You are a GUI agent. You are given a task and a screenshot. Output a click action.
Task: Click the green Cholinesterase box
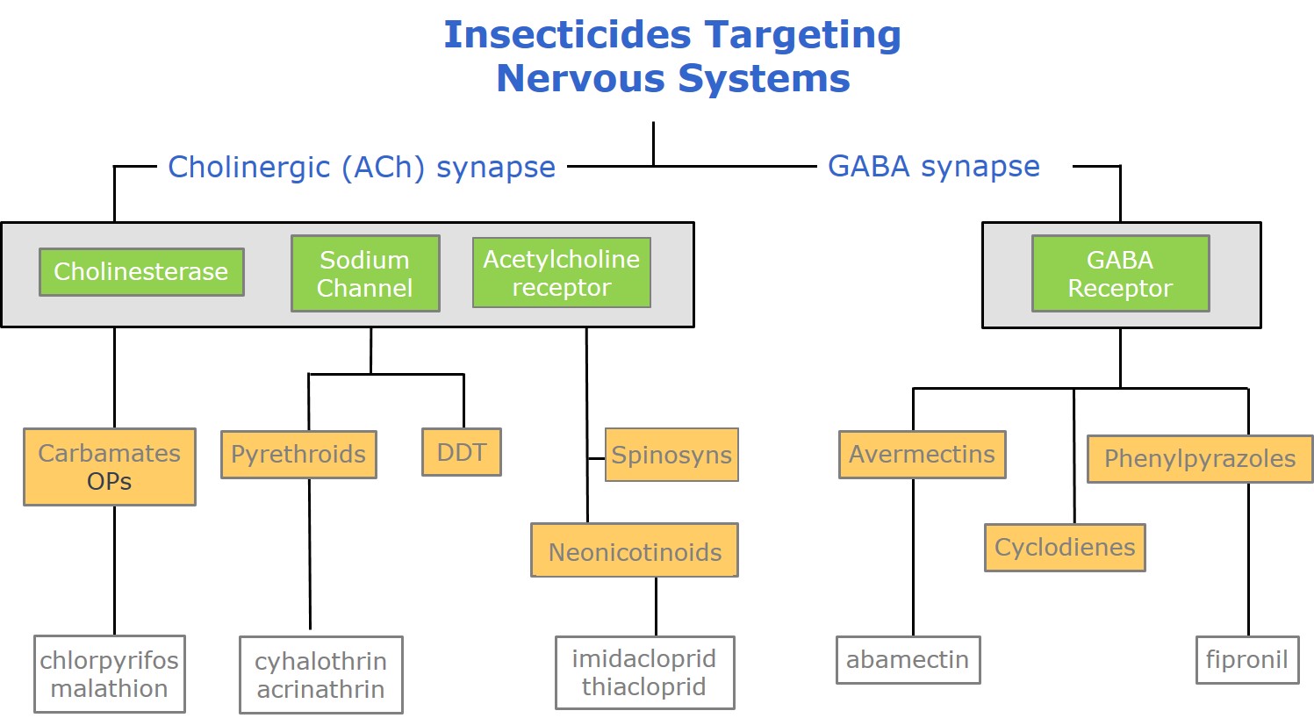tap(141, 272)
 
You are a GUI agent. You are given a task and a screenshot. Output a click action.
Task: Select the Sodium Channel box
tap(365, 273)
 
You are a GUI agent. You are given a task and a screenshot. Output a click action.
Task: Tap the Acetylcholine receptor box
tap(562, 273)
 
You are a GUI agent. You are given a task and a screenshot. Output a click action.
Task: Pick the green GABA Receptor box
tap(1120, 273)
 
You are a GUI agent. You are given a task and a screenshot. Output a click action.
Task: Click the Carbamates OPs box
tap(110, 467)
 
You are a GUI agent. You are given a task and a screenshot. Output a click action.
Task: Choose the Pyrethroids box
tap(298, 455)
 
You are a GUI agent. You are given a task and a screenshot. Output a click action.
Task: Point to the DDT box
tap(462, 452)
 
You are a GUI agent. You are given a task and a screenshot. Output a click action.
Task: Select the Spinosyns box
tap(671, 455)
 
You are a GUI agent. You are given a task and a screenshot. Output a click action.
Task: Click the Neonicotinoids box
tap(635, 550)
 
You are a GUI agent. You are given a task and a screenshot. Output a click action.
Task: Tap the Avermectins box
tap(923, 455)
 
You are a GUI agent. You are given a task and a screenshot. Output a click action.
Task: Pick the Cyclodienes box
tap(1065, 548)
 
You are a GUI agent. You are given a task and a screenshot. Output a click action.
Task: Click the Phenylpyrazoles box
tap(1200, 459)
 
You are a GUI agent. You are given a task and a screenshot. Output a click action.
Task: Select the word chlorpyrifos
tap(109, 661)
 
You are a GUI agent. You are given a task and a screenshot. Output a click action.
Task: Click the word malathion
tap(109, 689)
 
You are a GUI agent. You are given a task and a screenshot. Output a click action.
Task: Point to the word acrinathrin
tap(321, 690)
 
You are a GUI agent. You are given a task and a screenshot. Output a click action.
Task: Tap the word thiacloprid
tap(644, 687)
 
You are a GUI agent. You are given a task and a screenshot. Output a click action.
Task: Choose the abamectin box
tap(908, 660)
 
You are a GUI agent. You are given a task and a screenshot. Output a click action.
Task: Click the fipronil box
tap(1247, 660)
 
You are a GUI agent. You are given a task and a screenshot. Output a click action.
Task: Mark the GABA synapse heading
tap(934, 167)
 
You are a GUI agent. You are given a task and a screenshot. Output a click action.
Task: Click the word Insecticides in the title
tap(567, 34)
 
